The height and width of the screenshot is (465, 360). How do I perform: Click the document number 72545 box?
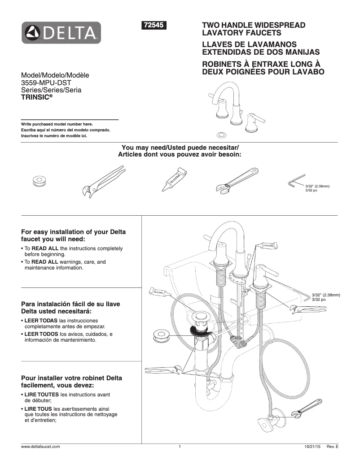point(154,26)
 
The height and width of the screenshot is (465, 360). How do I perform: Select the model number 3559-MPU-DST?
point(46,83)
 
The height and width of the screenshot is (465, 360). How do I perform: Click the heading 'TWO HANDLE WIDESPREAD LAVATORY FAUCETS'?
point(254,29)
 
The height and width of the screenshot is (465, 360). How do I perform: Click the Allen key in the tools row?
point(296,182)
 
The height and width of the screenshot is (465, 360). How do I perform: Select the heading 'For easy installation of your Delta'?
point(74,232)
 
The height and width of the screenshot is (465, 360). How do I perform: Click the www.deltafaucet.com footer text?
point(40,447)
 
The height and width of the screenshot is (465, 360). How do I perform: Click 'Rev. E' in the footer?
point(332,447)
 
